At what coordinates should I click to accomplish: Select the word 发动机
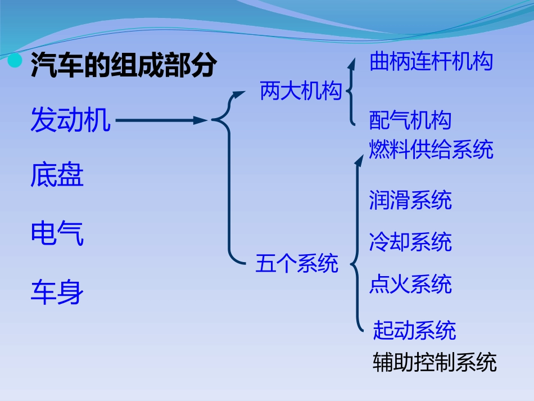(x=70, y=120)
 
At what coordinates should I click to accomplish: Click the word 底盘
(x=57, y=175)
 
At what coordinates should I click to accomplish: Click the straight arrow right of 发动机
(x=160, y=120)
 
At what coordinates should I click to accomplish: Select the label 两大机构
(x=301, y=91)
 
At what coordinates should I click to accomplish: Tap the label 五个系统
(x=297, y=263)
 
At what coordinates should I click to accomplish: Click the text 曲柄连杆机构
(x=431, y=61)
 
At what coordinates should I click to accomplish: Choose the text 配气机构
(x=410, y=120)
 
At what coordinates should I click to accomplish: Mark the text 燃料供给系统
(x=431, y=150)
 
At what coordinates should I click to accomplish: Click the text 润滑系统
(x=410, y=200)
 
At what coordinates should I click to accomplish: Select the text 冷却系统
(x=410, y=242)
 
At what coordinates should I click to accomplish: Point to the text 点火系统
(x=410, y=284)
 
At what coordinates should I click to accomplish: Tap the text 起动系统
(x=414, y=331)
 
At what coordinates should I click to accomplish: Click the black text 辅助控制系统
(x=435, y=362)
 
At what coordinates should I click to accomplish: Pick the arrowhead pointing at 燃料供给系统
(x=360, y=157)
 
